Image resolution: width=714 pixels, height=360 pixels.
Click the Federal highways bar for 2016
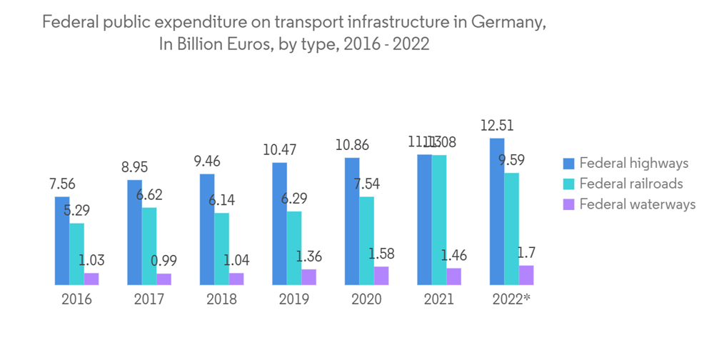(x=62, y=241)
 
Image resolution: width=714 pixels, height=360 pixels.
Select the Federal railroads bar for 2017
(x=149, y=246)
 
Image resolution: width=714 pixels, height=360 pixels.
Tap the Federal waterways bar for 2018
(x=236, y=279)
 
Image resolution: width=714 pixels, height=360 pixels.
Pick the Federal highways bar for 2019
(x=279, y=224)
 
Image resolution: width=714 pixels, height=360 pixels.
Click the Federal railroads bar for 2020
(x=366, y=241)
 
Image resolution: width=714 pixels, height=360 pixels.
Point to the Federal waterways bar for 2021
(x=453, y=276)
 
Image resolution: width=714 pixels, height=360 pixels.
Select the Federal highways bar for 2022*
(x=497, y=211)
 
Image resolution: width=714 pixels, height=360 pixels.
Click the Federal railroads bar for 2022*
(x=511, y=229)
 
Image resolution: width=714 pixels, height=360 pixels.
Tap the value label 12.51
(x=497, y=126)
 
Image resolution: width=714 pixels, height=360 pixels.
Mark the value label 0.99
(x=164, y=261)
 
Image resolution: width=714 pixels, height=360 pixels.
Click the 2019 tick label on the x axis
(x=293, y=299)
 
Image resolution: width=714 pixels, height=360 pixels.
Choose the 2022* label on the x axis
(x=511, y=299)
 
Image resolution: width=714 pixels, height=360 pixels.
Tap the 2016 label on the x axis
(x=76, y=299)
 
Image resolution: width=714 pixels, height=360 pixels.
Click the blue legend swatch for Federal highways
(x=568, y=164)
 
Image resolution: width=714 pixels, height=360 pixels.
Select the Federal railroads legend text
(x=631, y=184)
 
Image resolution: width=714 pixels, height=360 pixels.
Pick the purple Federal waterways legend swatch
(x=568, y=204)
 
